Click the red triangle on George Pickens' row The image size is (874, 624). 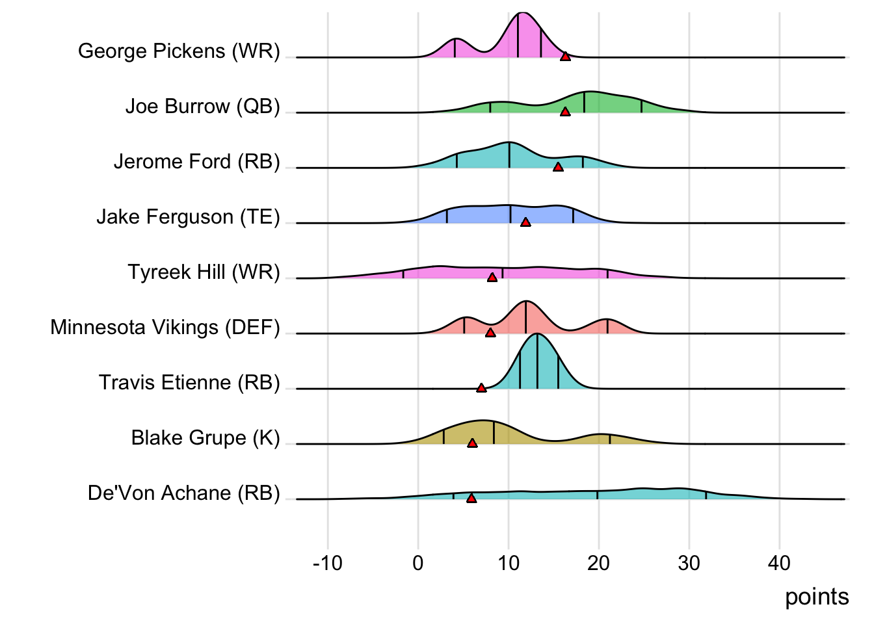[565, 57]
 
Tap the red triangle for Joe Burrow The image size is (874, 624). [565, 112]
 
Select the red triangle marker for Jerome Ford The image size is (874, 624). [558, 167]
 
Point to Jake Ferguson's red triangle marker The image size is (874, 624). [525, 222]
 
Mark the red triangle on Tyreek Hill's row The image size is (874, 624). [492, 278]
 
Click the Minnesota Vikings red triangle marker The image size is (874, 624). [490, 333]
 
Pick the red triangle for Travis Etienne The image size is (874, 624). [481, 388]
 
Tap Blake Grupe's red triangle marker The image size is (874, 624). [472, 443]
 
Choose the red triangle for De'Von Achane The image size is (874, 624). [471, 499]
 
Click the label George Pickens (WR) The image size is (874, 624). [179, 51]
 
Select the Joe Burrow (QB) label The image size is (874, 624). [202, 106]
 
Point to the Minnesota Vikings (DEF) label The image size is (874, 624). [165, 327]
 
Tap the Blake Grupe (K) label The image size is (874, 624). [205, 437]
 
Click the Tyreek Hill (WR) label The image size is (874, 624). [204, 272]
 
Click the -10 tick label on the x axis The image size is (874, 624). [327, 563]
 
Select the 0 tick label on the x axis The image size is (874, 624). [418, 563]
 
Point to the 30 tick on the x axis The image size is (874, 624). [689, 563]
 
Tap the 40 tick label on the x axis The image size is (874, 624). [779, 563]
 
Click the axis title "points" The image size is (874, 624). [817, 597]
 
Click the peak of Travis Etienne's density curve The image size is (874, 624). [536, 334]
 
